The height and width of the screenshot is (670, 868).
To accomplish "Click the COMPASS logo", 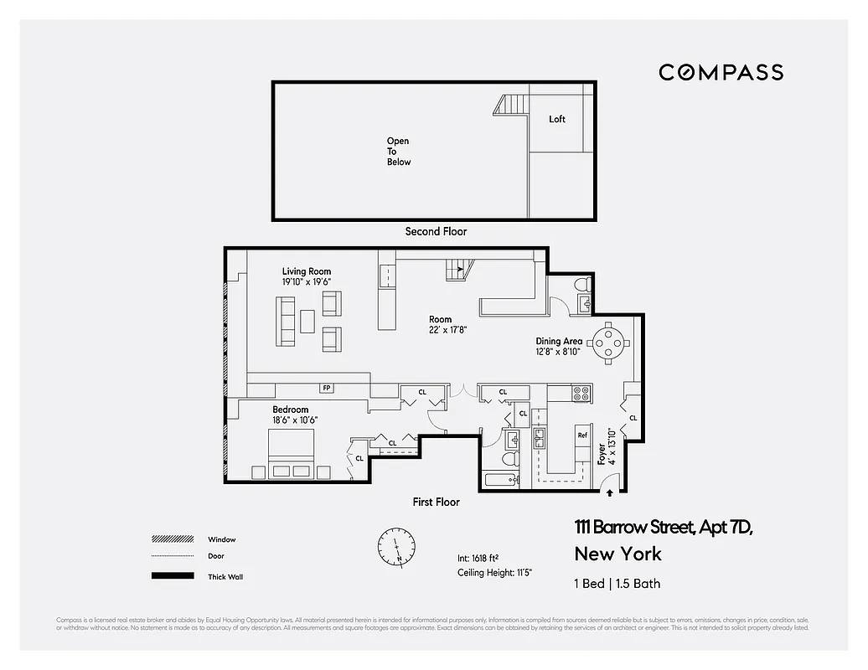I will point(721,72).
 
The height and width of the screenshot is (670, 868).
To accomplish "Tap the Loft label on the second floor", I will point(557,119).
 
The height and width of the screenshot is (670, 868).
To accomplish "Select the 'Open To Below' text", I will point(399,152).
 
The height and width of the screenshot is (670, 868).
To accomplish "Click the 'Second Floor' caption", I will point(436,231).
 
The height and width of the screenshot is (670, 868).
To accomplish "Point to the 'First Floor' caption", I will point(436,502).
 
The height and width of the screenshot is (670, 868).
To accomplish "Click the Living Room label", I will point(306,271).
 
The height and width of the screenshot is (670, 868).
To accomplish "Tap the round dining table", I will point(607,341).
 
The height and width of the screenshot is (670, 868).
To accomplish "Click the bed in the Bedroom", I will point(291,455).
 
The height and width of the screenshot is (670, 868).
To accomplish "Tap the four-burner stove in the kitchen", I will point(581,391).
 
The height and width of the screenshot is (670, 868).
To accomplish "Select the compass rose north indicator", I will point(395,546).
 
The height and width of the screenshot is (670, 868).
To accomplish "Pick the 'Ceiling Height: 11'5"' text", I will point(495,572).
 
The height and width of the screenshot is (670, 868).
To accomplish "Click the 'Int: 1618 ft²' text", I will point(478,557).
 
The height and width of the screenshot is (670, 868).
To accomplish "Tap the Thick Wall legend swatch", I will point(172,576).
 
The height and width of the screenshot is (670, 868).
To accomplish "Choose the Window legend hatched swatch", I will point(172,539).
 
